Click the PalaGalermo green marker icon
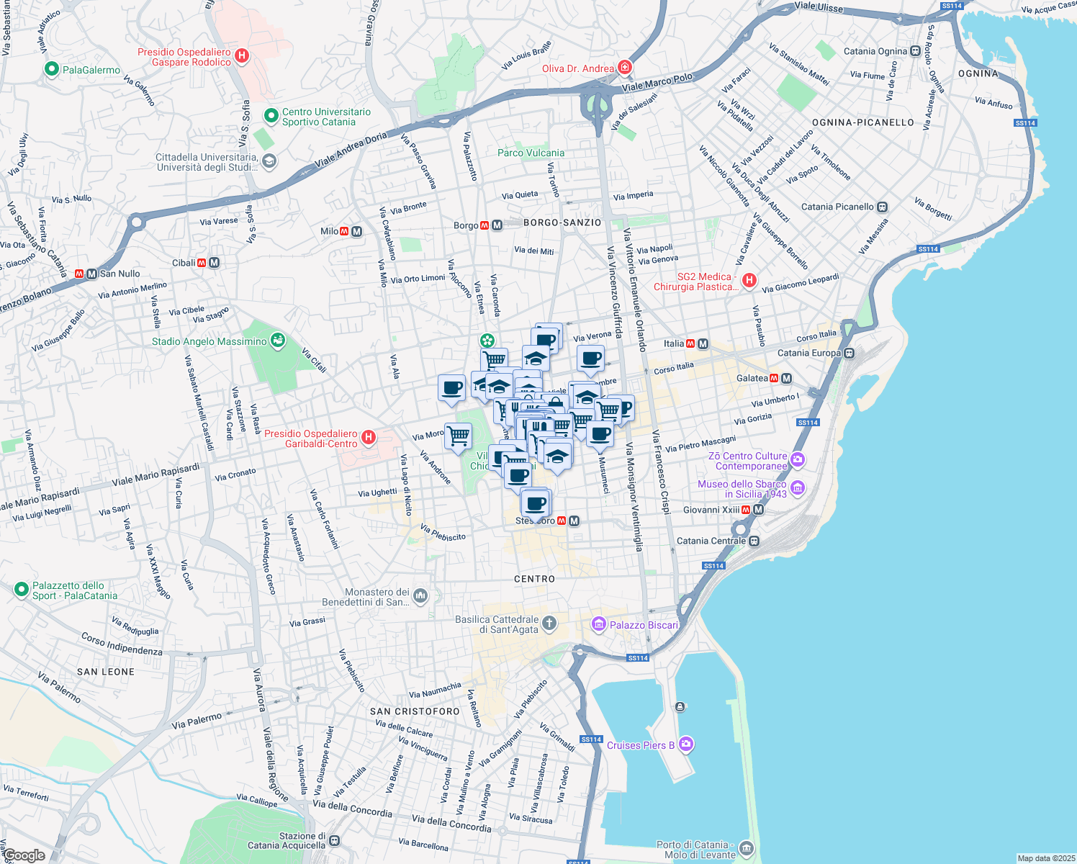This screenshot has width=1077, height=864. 51,70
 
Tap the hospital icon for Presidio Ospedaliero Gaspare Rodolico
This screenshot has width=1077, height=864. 242,56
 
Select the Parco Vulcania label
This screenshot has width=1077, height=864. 531,153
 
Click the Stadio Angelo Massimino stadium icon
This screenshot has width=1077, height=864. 278,341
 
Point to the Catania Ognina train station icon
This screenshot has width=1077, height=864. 915,51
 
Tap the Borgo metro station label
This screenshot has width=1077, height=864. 466,225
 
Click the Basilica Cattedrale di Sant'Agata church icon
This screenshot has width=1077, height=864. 549,623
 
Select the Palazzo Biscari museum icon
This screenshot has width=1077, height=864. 598,624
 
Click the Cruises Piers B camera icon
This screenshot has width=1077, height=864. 686,744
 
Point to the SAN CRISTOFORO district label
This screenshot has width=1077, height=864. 415,711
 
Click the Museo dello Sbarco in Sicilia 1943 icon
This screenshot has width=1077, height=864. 797,488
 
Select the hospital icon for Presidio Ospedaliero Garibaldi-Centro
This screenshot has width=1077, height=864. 368,438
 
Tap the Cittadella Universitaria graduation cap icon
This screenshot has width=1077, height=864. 269,161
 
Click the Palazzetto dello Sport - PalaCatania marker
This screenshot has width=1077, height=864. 21,590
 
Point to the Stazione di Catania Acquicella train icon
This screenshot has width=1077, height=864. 334,840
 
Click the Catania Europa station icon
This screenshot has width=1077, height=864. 850,353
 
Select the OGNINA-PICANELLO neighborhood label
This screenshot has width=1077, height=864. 862,122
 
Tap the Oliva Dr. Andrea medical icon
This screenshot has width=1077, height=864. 624,68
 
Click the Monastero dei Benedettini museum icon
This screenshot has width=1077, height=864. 420,595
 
